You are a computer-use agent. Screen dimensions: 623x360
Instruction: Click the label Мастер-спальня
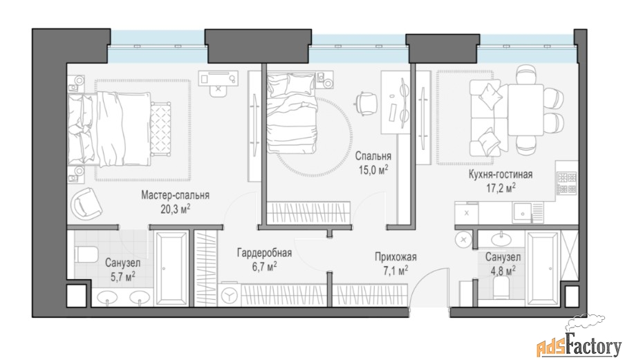175,196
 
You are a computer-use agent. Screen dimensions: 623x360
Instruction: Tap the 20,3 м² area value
175,209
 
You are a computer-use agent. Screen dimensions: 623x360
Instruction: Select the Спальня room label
373,156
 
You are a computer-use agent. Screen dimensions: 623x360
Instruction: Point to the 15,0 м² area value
373,170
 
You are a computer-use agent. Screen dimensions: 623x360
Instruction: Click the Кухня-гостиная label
501,174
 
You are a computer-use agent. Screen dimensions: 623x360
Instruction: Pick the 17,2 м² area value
501,188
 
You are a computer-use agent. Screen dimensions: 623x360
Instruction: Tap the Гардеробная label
265,253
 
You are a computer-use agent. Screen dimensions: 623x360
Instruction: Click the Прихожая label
396,257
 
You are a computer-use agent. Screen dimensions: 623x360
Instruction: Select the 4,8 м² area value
503,271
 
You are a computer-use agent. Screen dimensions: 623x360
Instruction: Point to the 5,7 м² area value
122,276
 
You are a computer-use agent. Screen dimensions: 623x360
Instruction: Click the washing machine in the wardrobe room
229,294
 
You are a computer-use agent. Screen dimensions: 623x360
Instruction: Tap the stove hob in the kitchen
567,183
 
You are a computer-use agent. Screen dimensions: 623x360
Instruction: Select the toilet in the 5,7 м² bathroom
86,254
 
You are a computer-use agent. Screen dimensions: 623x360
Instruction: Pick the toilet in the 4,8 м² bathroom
501,287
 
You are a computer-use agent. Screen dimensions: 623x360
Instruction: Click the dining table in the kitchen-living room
526,110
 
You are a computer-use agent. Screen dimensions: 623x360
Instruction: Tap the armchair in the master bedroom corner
86,204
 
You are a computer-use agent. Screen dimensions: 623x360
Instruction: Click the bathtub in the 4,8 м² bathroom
542,269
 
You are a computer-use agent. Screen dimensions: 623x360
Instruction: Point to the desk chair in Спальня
364,103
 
